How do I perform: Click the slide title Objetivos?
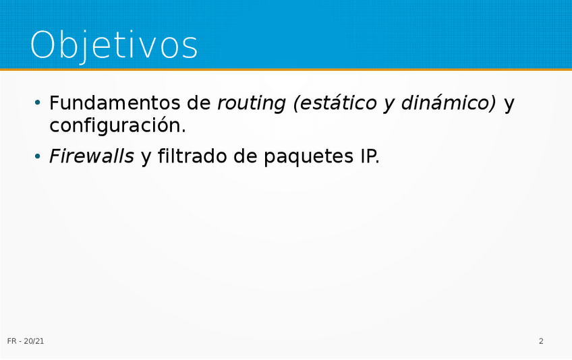coord(114,46)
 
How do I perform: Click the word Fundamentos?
coord(115,102)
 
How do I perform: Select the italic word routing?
coord(252,104)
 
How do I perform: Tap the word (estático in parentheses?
coord(335,103)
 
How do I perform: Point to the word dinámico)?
coord(449,103)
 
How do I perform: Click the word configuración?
coord(117,126)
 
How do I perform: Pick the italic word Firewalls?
coord(92,156)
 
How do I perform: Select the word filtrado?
coord(192,156)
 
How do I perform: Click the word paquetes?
coord(308,157)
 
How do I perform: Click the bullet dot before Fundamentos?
coord(37,103)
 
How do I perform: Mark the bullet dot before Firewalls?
coord(37,156)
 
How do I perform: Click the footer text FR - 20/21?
coord(26,341)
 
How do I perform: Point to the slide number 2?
coord(541,341)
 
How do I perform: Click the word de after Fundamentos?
coord(199,102)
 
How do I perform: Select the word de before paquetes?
coord(245,156)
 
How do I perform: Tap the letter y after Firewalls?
coord(146,158)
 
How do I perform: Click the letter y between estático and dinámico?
coord(389,106)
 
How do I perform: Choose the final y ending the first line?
coord(509,106)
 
